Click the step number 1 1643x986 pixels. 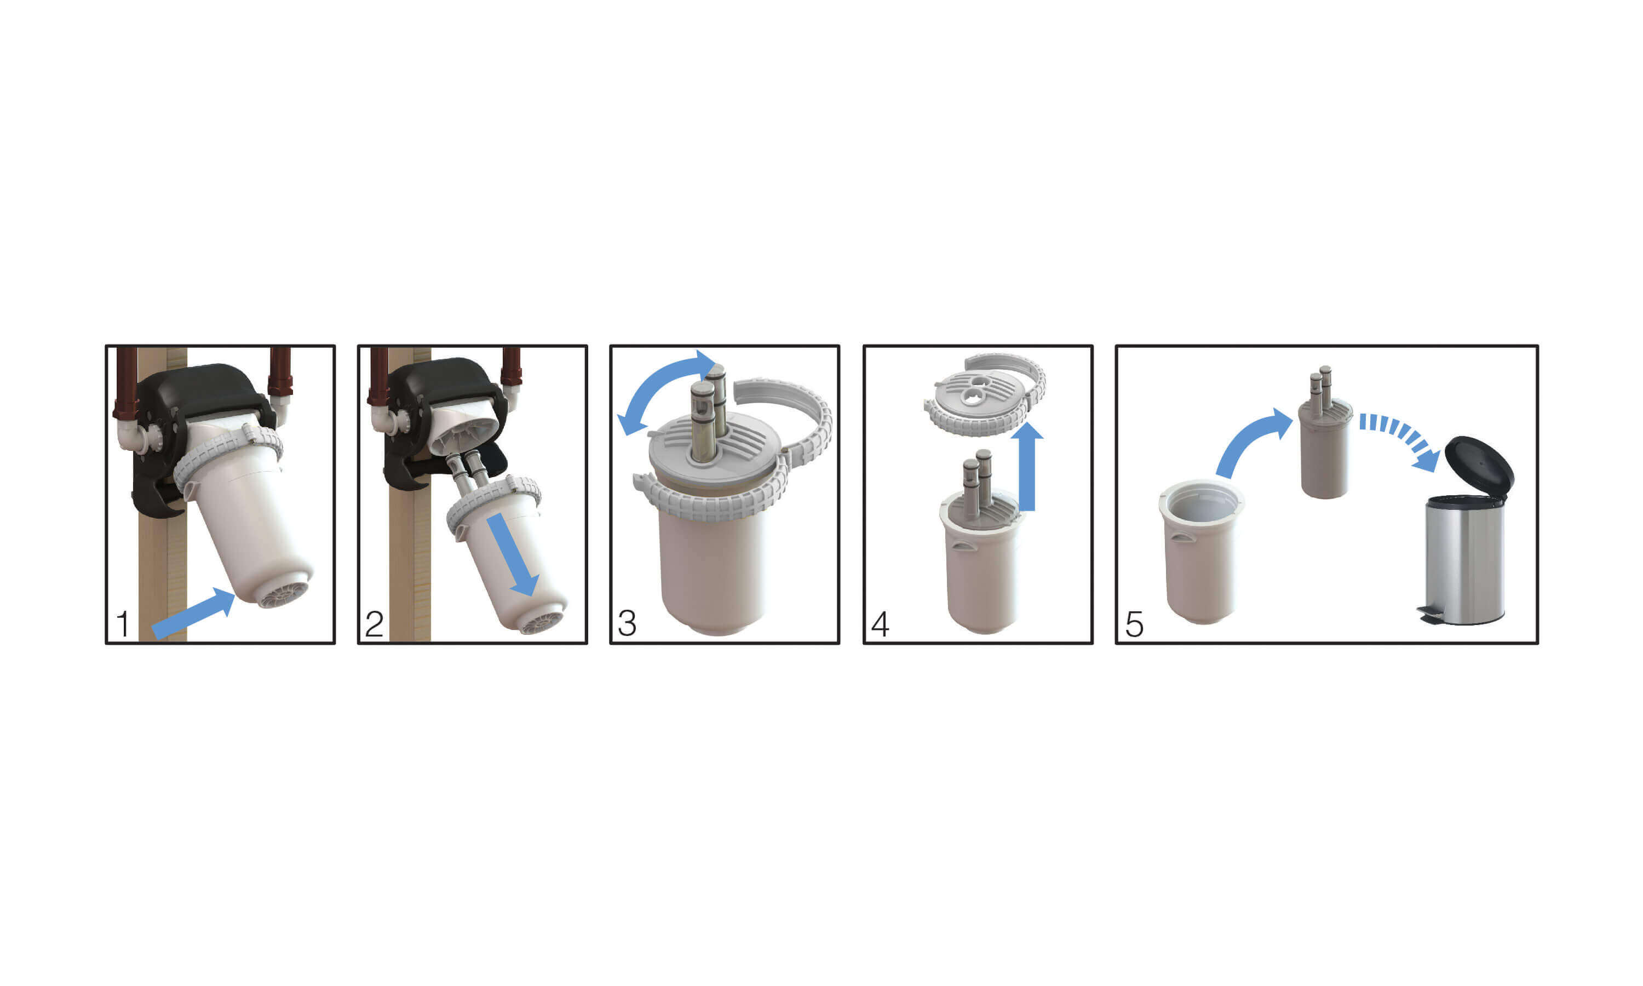[x=123, y=624]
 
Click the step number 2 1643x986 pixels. [x=374, y=624]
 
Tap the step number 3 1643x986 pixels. [x=627, y=623]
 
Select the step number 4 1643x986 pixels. [x=880, y=624]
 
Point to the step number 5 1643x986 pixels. [x=1134, y=624]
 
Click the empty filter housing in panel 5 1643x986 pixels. [x=1200, y=552]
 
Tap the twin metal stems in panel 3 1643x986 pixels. [x=709, y=415]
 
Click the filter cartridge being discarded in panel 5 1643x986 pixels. [x=1324, y=445]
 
